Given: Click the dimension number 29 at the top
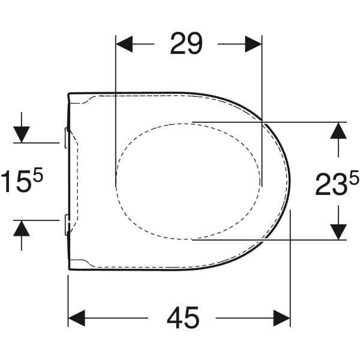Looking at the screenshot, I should (186, 43).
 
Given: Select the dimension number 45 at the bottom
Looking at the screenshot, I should (182, 318).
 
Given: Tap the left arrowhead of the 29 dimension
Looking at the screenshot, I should (123, 43).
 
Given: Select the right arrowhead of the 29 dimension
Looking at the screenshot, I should (253, 43).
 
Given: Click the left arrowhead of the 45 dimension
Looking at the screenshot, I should (76, 318).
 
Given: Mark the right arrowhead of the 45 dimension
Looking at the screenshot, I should (282, 318).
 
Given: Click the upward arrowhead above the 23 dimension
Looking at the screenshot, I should (339, 130).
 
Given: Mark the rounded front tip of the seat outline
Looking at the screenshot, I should (289, 181).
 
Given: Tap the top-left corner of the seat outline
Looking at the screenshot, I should (70, 94).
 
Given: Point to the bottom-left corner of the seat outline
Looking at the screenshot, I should (70, 269).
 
